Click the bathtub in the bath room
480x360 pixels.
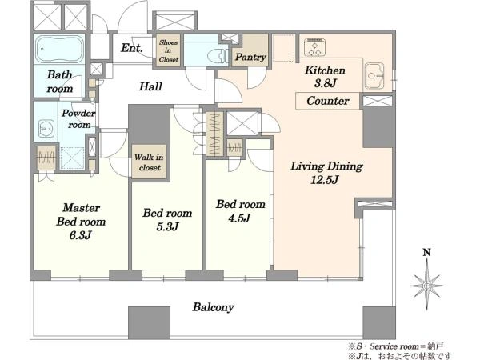(60, 50)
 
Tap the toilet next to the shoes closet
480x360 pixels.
(218, 57)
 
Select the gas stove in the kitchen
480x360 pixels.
(315, 48)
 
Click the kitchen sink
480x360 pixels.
(375, 76)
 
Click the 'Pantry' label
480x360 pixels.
(250, 57)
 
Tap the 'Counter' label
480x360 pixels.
(327, 101)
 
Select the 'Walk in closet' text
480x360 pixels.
(149, 162)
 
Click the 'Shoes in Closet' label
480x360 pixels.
(168, 51)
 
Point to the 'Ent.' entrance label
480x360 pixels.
(132, 48)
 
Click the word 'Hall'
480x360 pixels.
(150, 86)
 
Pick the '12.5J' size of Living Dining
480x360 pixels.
(325, 180)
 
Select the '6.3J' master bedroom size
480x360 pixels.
(80, 235)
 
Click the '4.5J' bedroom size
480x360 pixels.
(239, 218)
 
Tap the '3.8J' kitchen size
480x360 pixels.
(325, 83)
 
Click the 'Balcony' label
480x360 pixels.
(213, 307)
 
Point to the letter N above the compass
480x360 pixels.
(426, 253)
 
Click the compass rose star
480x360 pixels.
(426, 286)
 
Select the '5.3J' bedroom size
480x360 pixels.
(167, 227)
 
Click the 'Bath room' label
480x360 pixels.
(60, 82)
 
